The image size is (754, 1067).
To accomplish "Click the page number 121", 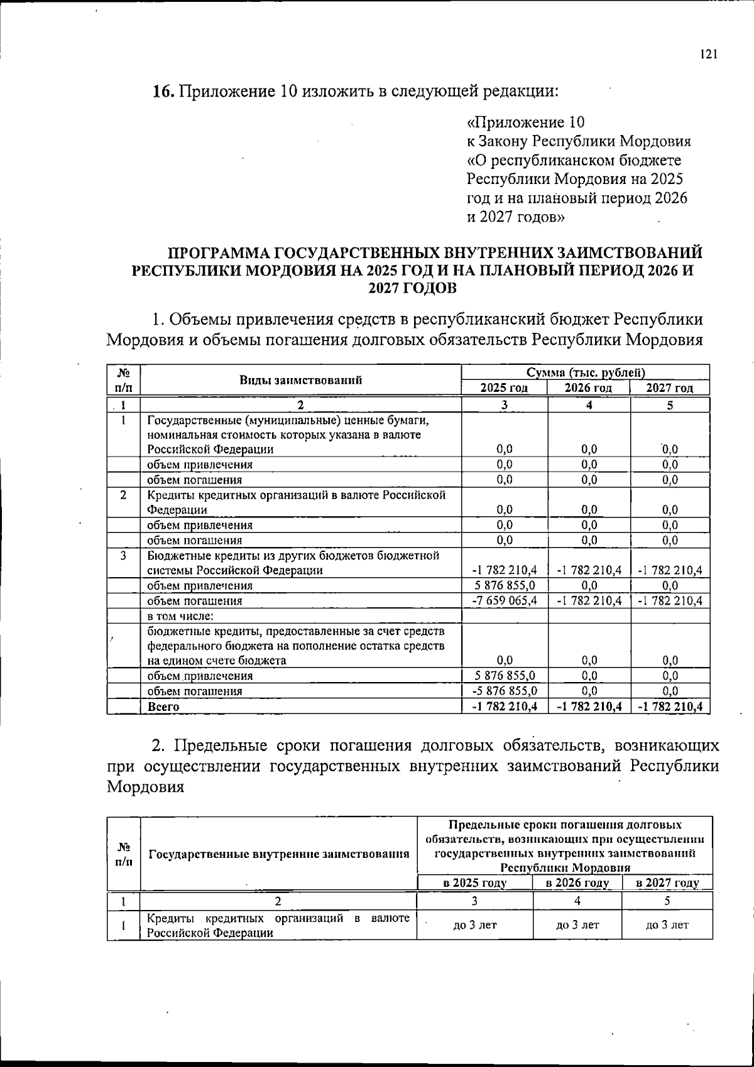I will click(708, 55).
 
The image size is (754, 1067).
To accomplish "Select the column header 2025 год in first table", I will click(504, 388).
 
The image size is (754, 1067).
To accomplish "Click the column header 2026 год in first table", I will click(588, 388).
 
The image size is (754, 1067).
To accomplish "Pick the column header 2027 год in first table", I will click(670, 388).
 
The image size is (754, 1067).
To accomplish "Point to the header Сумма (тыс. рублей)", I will click(586, 372).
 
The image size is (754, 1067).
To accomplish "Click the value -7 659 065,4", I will click(505, 601).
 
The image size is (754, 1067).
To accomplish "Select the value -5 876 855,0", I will click(505, 691).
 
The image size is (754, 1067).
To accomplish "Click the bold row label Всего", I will click(163, 707).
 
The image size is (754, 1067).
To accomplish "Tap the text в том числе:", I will click(181, 616).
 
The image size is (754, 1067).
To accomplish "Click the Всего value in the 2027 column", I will click(670, 707).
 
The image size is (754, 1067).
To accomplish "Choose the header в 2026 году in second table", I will click(577, 884).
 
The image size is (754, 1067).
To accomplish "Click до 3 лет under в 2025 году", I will click(474, 925).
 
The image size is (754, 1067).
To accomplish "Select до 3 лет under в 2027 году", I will click(667, 925).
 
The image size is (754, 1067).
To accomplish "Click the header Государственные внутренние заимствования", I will click(278, 854).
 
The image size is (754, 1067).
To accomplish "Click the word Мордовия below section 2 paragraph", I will click(145, 787).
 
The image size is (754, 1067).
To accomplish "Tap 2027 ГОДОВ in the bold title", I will click(412, 288).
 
